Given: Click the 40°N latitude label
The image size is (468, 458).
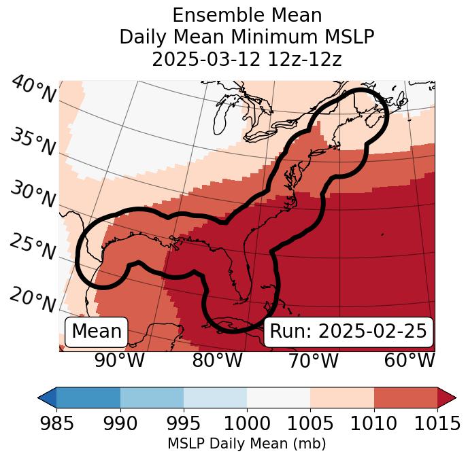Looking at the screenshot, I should (33, 90).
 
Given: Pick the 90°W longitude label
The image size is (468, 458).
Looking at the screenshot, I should (119, 361).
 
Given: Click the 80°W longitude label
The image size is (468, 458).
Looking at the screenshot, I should (217, 361).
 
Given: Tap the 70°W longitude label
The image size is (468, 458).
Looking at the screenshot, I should (312, 361).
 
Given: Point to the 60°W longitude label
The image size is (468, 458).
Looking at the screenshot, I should (409, 361).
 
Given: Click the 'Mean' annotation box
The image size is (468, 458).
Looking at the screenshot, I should (97, 332).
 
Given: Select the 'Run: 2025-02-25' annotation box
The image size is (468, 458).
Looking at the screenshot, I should (348, 332).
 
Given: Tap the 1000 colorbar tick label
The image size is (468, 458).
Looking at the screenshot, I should (247, 424).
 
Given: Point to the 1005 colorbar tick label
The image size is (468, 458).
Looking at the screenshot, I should (310, 424).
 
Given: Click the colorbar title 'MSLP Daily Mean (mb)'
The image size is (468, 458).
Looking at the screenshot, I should (246, 444).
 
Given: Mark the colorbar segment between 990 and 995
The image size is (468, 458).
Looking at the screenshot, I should (152, 397).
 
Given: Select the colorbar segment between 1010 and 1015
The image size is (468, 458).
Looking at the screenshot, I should (405, 397).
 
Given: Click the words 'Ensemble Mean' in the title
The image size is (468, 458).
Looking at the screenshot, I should (246, 15).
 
